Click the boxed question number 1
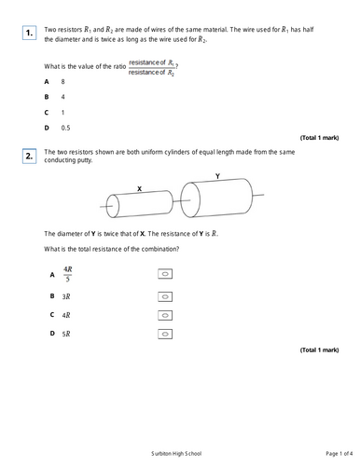[x=29, y=33]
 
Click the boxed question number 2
[x=29, y=156]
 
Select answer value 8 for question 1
[x=63, y=82]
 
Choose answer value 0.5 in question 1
[x=65, y=128]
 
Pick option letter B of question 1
[x=47, y=97]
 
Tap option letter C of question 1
[x=47, y=113]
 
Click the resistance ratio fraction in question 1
[x=152, y=67]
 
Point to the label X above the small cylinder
[x=139, y=188]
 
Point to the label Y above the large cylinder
[x=217, y=176]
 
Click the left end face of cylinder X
[x=113, y=206]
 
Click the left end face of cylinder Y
[x=190, y=199]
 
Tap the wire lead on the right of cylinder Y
[x=258, y=195]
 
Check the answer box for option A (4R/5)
[x=165, y=274]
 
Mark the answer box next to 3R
[x=165, y=296]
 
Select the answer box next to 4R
[x=165, y=315]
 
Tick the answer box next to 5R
[x=165, y=334]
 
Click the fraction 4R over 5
[x=68, y=274]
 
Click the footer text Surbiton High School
[x=176, y=454]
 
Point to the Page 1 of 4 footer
[x=339, y=454]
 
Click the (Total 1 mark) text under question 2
[x=319, y=350]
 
